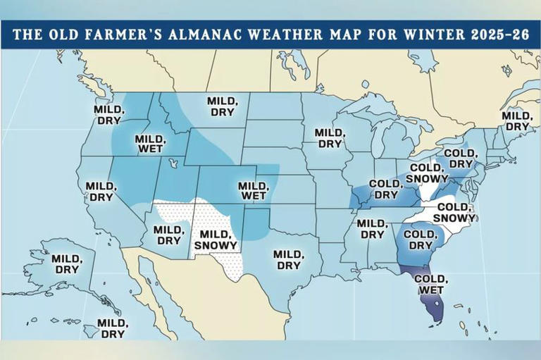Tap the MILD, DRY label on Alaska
pyautogui.click(x=68, y=264)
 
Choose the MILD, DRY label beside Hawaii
pyautogui.click(x=112, y=328)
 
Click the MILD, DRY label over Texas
pyautogui.click(x=288, y=260)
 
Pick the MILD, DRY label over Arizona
pyautogui.click(x=168, y=235)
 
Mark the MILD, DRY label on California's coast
pyautogui.click(x=99, y=192)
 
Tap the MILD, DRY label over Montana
pyautogui.click(x=222, y=107)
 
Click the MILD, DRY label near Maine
pyautogui.click(x=516, y=121)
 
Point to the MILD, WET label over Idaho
pyautogui.click(x=149, y=144)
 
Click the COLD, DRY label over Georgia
pyautogui.click(x=421, y=240)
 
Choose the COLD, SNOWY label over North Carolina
pyautogui.click(x=454, y=212)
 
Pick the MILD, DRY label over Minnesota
pyautogui.click(x=329, y=138)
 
